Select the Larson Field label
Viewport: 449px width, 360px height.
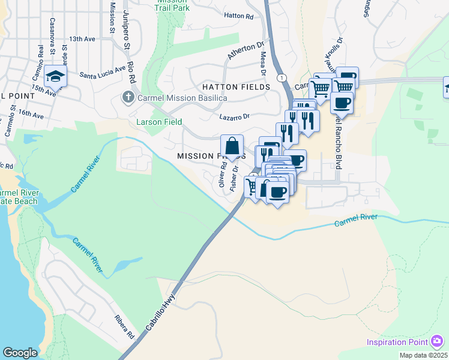click(x=158, y=122)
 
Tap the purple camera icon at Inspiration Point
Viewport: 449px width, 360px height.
click(x=437, y=342)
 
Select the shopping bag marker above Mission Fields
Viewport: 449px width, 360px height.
click(x=232, y=146)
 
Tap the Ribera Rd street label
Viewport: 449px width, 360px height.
click(x=125, y=326)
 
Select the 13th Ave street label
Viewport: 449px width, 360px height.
click(x=82, y=38)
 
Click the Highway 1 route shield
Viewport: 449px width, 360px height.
click(x=280, y=78)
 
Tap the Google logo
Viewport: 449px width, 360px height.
click(x=19, y=353)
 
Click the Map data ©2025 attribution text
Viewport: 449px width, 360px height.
click(x=424, y=355)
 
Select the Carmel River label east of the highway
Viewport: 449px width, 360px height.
click(x=356, y=221)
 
